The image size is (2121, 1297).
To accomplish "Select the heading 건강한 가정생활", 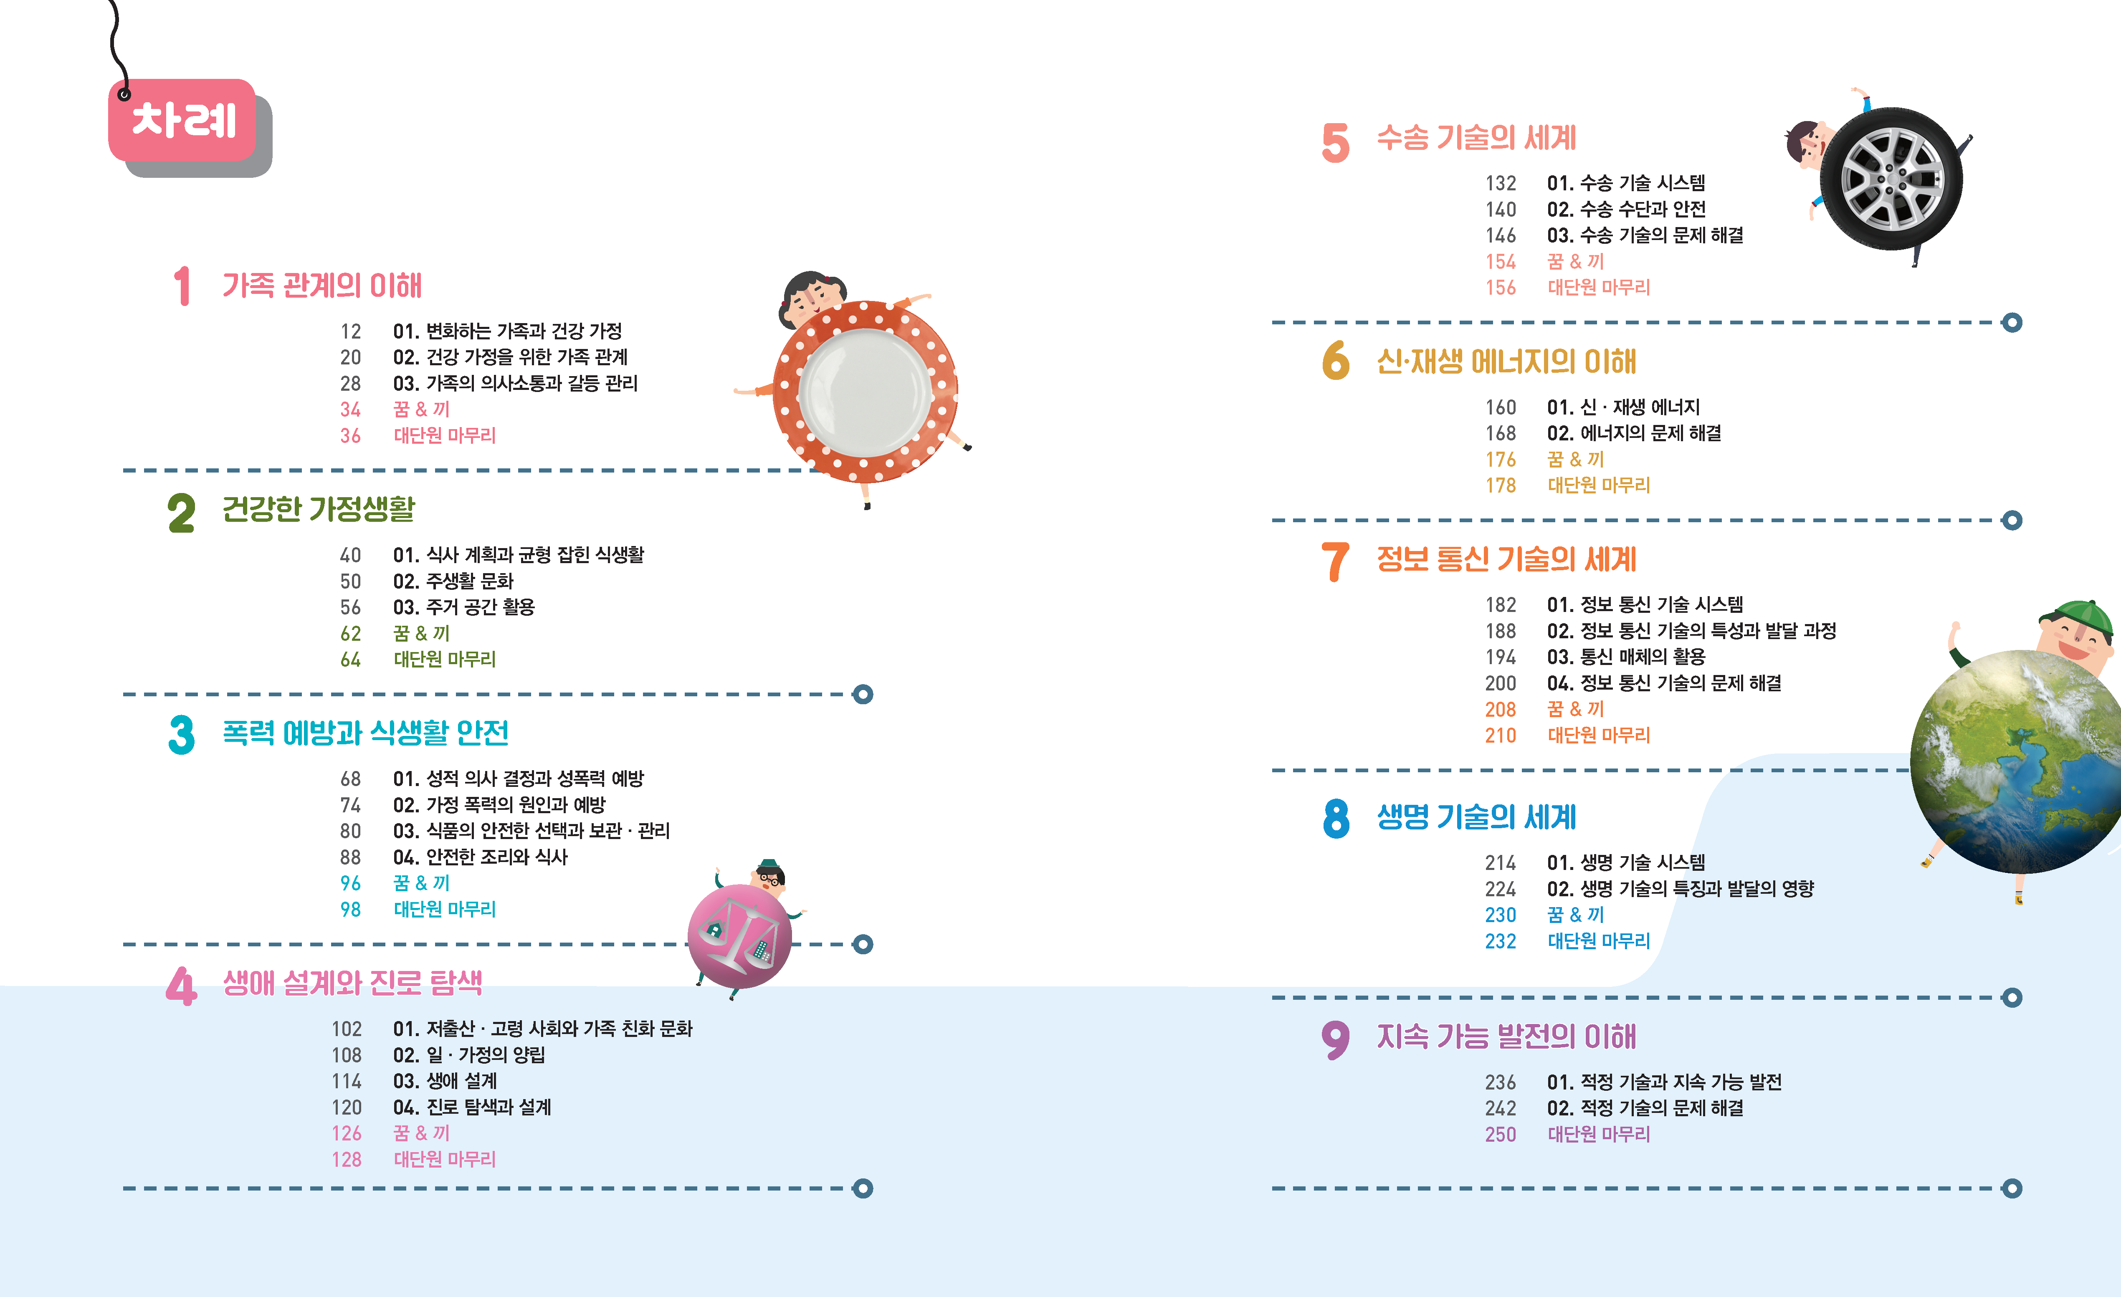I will pyautogui.click(x=319, y=508).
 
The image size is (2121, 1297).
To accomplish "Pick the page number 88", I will pyautogui.click(x=350, y=857).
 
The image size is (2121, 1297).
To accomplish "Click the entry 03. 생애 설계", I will pyautogui.click(x=445, y=1081).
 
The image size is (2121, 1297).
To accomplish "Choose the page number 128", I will pyautogui.click(x=347, y=1159).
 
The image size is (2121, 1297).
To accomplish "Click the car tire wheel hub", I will pyautogui.click(x=1891, y=179).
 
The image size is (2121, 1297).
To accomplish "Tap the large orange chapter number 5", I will pyautogui.click(x=1335, y=143).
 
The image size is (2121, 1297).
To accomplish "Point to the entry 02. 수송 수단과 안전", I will pyautogui.click(x=1626, y=209).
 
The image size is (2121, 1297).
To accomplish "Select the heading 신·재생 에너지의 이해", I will pyautogui.click(x=1506, y=362).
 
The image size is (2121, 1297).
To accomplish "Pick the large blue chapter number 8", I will pyautogui.click(x=1336, y=819).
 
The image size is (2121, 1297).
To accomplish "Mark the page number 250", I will pyautogui.click(x=1501, y=1134).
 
